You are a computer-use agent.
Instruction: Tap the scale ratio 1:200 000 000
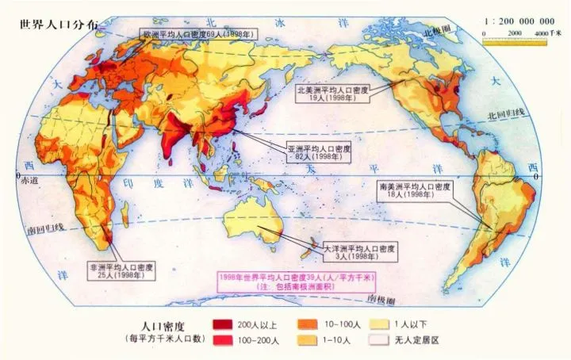519,21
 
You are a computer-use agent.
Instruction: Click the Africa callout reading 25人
123,271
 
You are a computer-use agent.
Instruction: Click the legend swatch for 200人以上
224,325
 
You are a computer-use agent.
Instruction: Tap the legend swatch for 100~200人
224,339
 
